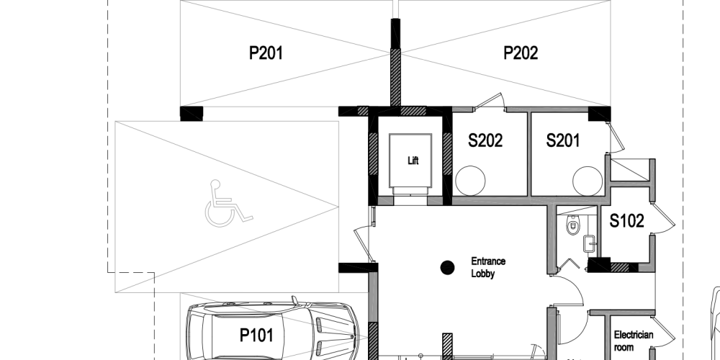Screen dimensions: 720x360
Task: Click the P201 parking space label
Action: tap(266, 53)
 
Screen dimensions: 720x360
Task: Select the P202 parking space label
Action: tap(521, 53)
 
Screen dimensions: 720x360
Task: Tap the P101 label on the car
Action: tap(257, 336)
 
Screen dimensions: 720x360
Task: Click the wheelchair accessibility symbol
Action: tap(228, 204)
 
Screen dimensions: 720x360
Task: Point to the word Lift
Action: tap(413, 161)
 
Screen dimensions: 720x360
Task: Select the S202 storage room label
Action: tap(485, 140)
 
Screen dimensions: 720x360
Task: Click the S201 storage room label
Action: tap(563, 140)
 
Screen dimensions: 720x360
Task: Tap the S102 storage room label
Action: tap(627, 221)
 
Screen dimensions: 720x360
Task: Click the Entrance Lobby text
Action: tap(488, 267)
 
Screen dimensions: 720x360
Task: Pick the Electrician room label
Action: tap(633, 341)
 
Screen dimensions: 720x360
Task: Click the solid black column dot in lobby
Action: tap(447, 268)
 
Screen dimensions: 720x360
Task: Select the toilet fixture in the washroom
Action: tap(573, 225)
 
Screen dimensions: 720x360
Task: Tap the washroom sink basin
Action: tap(589, 244)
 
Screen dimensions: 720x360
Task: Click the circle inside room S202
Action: tap(470, 181)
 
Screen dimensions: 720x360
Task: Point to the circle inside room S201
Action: tap(588, 181)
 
